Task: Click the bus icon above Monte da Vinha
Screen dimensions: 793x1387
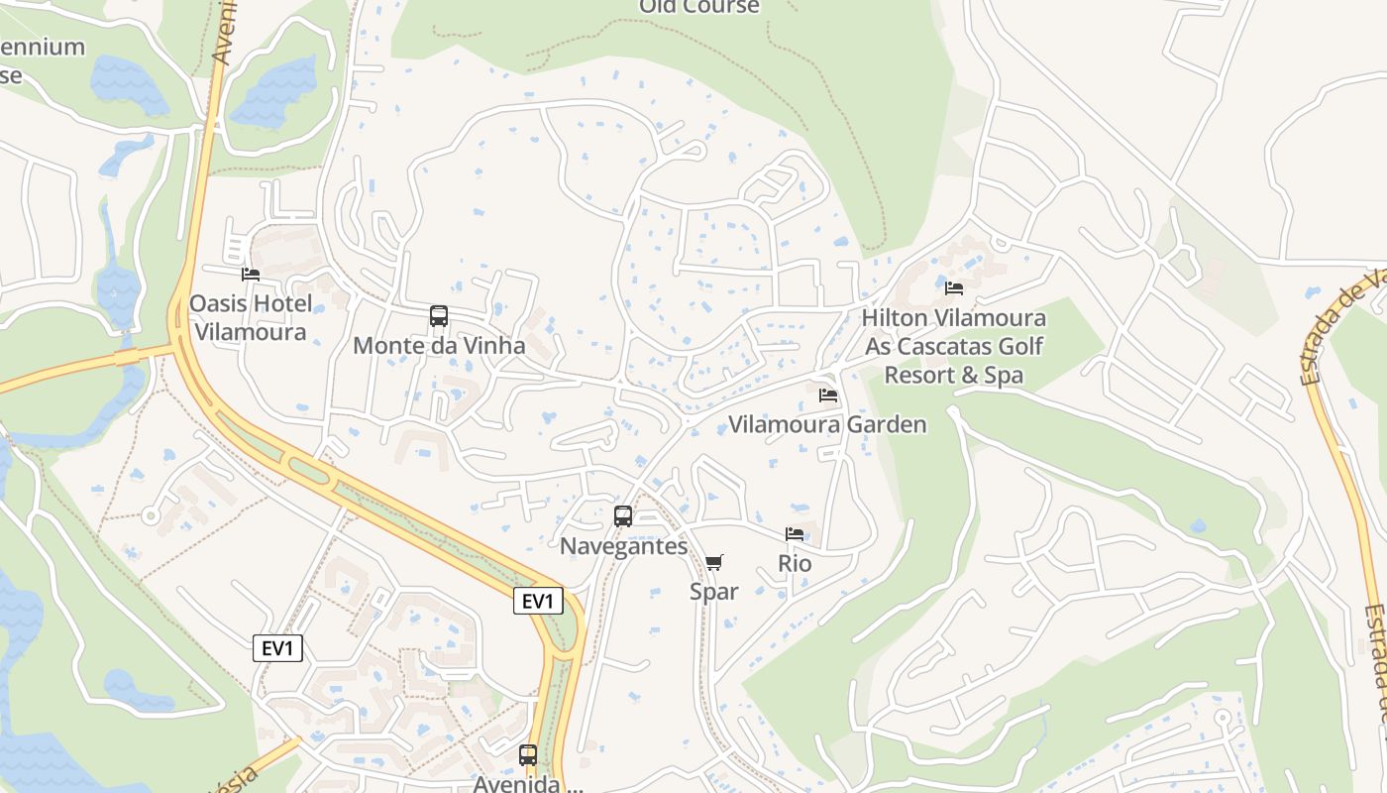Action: pos(439,316)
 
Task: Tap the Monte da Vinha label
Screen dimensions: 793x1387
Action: pos(439,346)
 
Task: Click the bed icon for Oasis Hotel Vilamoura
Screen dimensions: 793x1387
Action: pos(251,274)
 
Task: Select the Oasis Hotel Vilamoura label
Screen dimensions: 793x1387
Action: pos(251,317)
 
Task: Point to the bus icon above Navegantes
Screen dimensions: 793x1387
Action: pos(623,515)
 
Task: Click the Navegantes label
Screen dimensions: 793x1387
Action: pos(623,546)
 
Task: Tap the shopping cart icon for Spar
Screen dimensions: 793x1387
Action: pos(714,562)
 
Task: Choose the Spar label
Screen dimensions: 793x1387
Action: pos(714,592)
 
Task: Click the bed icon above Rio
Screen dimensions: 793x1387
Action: pos(795,534)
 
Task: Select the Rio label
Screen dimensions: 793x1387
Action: pos(795,564)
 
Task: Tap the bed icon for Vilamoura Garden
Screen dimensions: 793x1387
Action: pos(828,395)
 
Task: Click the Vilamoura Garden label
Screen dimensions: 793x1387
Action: pos(828,424)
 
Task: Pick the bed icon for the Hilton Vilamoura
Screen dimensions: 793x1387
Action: pos(954,287)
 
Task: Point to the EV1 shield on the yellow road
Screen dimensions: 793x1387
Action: pos(538,601)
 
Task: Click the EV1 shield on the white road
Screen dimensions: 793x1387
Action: pos(277,648)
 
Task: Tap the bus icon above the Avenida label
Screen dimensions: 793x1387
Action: pos(528,755)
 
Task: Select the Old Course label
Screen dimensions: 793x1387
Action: pos(699,7)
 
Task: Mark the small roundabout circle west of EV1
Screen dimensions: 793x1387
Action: pos(151,515)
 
